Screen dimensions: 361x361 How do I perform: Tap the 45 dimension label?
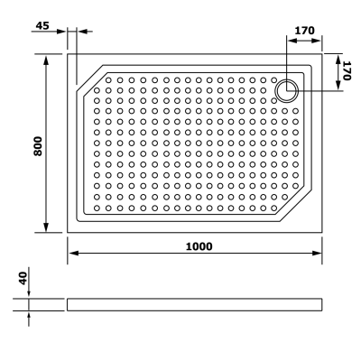(41, 25)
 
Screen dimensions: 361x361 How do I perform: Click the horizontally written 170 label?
(304, 32)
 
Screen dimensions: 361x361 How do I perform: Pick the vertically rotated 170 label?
(345, 70)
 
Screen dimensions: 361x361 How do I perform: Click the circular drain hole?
(288, 88)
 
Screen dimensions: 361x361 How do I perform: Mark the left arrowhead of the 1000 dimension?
(72, 255)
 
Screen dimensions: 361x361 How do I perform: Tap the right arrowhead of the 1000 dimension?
(318, 255)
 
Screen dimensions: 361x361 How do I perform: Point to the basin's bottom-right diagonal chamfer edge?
(297, 202)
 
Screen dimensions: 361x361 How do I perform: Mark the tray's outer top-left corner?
(68, 53)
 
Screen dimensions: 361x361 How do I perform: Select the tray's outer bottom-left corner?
(68, 232)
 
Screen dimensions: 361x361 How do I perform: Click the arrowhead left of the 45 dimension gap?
(63, 32)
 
